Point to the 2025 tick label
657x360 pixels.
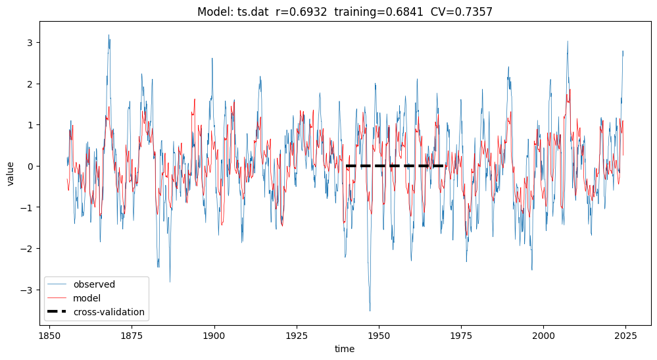(625, 334)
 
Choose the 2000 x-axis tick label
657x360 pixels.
(543, 334)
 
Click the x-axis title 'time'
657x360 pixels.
(345, 349)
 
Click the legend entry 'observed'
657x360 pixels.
(94, 285)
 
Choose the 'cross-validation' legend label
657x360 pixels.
(109, 312)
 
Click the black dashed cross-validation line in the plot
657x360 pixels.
(395, 166)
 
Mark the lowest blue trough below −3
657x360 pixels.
(370, 311)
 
